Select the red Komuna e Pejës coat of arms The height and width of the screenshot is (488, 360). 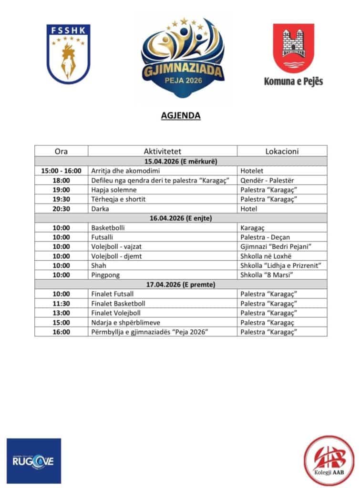pyautogui.click(x=293, y=48)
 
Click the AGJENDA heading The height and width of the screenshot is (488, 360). pyautogui.click(x=180, y=115)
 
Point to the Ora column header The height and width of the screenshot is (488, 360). pyautogui.click(x=61, y=151)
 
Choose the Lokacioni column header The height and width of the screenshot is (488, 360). pyautogui.click(x=282, y=151)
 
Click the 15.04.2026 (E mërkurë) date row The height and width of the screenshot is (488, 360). pyautogui.click(x=180, y=161)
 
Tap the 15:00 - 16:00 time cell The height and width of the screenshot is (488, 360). pyautogui.click(x=61, y=171)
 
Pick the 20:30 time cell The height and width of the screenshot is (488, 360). pyautogui.click(x=61, y=209)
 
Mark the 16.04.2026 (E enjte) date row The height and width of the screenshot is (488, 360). pyautogui.click(x=180, y=218)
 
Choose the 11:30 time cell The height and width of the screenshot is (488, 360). pyautogui.click(x=61, y=303)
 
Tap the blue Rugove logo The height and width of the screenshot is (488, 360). pyautogui.click(x=34, y=461)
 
